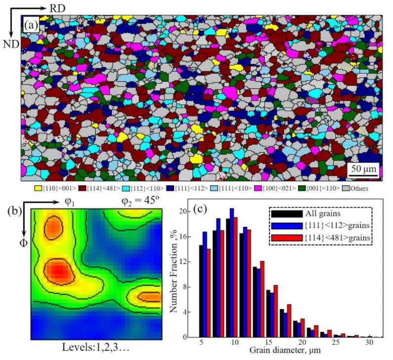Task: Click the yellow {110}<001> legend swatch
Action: tap(37, 188)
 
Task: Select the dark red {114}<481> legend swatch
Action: tap(82, 188)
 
